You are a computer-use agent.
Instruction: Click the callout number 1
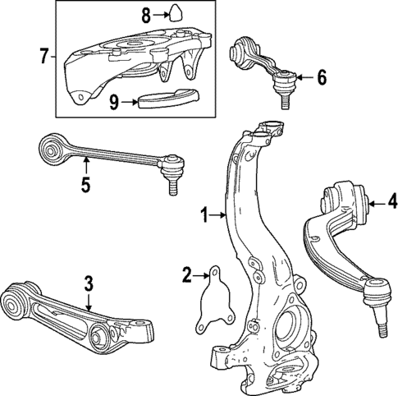pyautogui.click(x=206, y=215)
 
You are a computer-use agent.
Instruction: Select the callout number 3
pyautogui.click(x=89, y=284)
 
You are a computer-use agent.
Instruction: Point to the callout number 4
pyautogui.click(x=393, y=200)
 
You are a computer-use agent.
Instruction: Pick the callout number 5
pyautogui.click(x=85, y=185)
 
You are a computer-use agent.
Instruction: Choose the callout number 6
pyautogui.click(x=322, y=79)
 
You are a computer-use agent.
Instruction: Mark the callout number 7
pyautogui.click(x=43, y=57)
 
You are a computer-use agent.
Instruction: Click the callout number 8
pyautogui.click(x=146, y=14)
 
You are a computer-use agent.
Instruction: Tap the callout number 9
pyautogui.click(x=115, y=102)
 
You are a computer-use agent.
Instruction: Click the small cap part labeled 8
pyautogui.click(x=173, y=14)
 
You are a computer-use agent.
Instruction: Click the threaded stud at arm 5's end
pyautogui.click(x=175, y=186)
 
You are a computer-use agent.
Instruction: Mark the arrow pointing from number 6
pyautogui.click(x=304, y=79)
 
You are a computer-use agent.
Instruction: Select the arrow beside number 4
pyautogui.click(x=376, y=200)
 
